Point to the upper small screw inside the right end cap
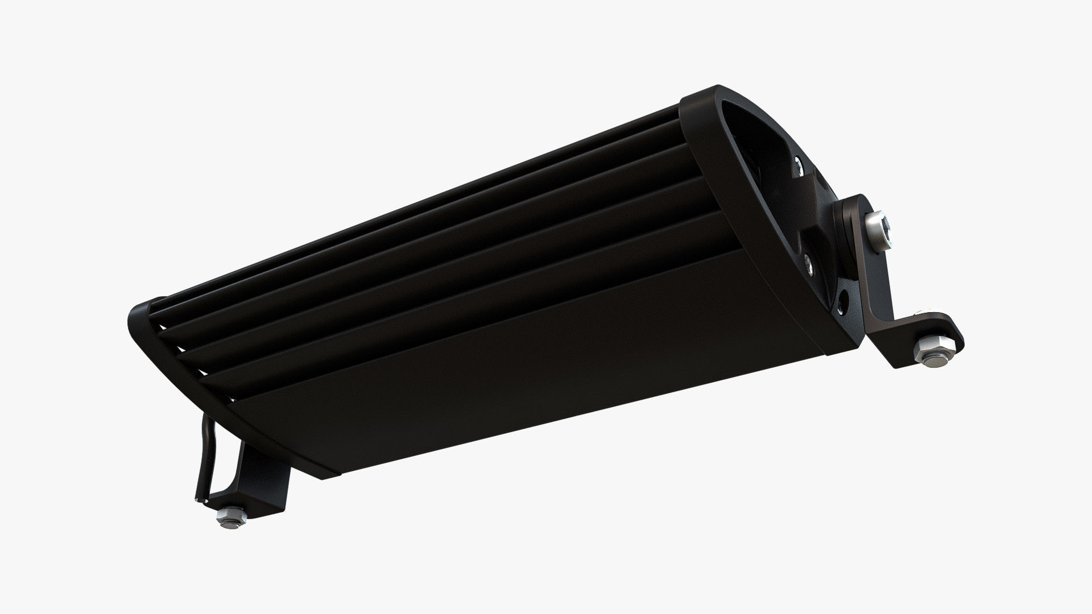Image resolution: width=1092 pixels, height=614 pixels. (799, 166)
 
